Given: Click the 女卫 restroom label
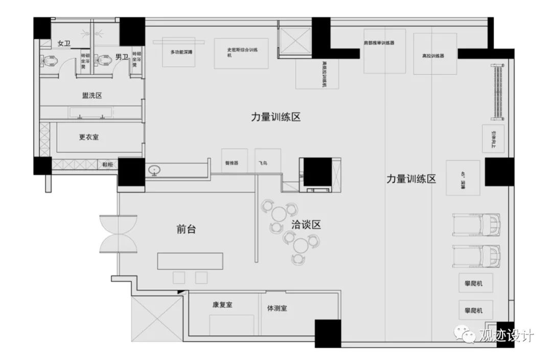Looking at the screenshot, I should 63,43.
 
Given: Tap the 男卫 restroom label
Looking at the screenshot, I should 121,57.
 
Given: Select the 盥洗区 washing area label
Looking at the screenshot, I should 93,96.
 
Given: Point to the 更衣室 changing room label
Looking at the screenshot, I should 88,137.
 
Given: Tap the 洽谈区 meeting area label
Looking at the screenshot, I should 306,224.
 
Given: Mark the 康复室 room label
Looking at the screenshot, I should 222,305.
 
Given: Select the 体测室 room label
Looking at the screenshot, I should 277,308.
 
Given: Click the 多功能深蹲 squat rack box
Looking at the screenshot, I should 181,52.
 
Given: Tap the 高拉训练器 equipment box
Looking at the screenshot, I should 434,54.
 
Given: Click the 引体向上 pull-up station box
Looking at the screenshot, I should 493,138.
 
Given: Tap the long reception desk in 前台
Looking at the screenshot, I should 190,261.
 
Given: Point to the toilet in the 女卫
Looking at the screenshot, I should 49,62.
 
